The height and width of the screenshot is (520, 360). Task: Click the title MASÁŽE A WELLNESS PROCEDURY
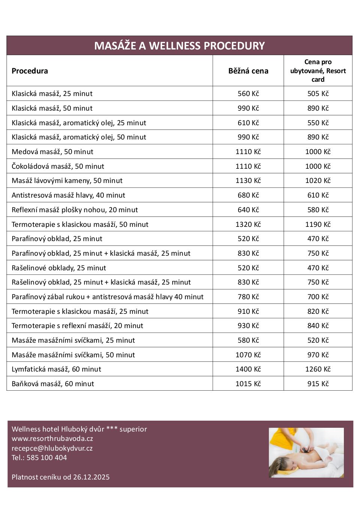pyautogui.click(x=179, y=46)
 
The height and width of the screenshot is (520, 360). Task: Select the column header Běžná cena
pyautogui.click(x=248, y=71)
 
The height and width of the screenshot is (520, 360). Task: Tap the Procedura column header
pyautogui.click(x=30, y=71)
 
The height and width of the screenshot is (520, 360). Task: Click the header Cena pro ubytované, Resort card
pyautogui.click(x=318, y=70)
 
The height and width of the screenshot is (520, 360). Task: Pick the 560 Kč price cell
pyautogui.click(x=248, y=94)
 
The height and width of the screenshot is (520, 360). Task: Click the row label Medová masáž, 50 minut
pyautogui.click(x=52, y=152)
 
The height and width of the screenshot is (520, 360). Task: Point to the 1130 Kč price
pyautogui.click(x=248, y=181)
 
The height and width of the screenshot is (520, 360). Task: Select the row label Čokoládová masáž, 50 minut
pyautogui.click(x=58, y=166)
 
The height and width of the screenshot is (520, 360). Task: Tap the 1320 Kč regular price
pyautogui.click(x=248, y=225)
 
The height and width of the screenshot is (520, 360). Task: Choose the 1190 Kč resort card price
pyautogui.click(x=318, y=225)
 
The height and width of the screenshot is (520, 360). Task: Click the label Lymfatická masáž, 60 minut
pyautogui.click(x=56, y=369)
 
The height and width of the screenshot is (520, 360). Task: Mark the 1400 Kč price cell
pyautogui.click(x=248, y=369)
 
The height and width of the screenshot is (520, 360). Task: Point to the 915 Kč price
pyautogui.click(x=318, y=384)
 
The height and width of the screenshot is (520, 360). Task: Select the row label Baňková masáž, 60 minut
pyautogui.click(x=53, y=384)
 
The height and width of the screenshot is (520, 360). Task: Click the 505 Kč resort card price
pyautogui.click(x=318, y=94)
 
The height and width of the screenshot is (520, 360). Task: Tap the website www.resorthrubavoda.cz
pyautogui.click(x=52, y=439)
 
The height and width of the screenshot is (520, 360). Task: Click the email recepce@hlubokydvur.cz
pyautogui.click(x=52, y=448)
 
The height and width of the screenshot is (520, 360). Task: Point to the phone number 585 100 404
pyautogui.click(x=46, y=458)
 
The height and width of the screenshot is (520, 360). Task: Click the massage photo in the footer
pyautogui.click(x=306, y=453)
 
